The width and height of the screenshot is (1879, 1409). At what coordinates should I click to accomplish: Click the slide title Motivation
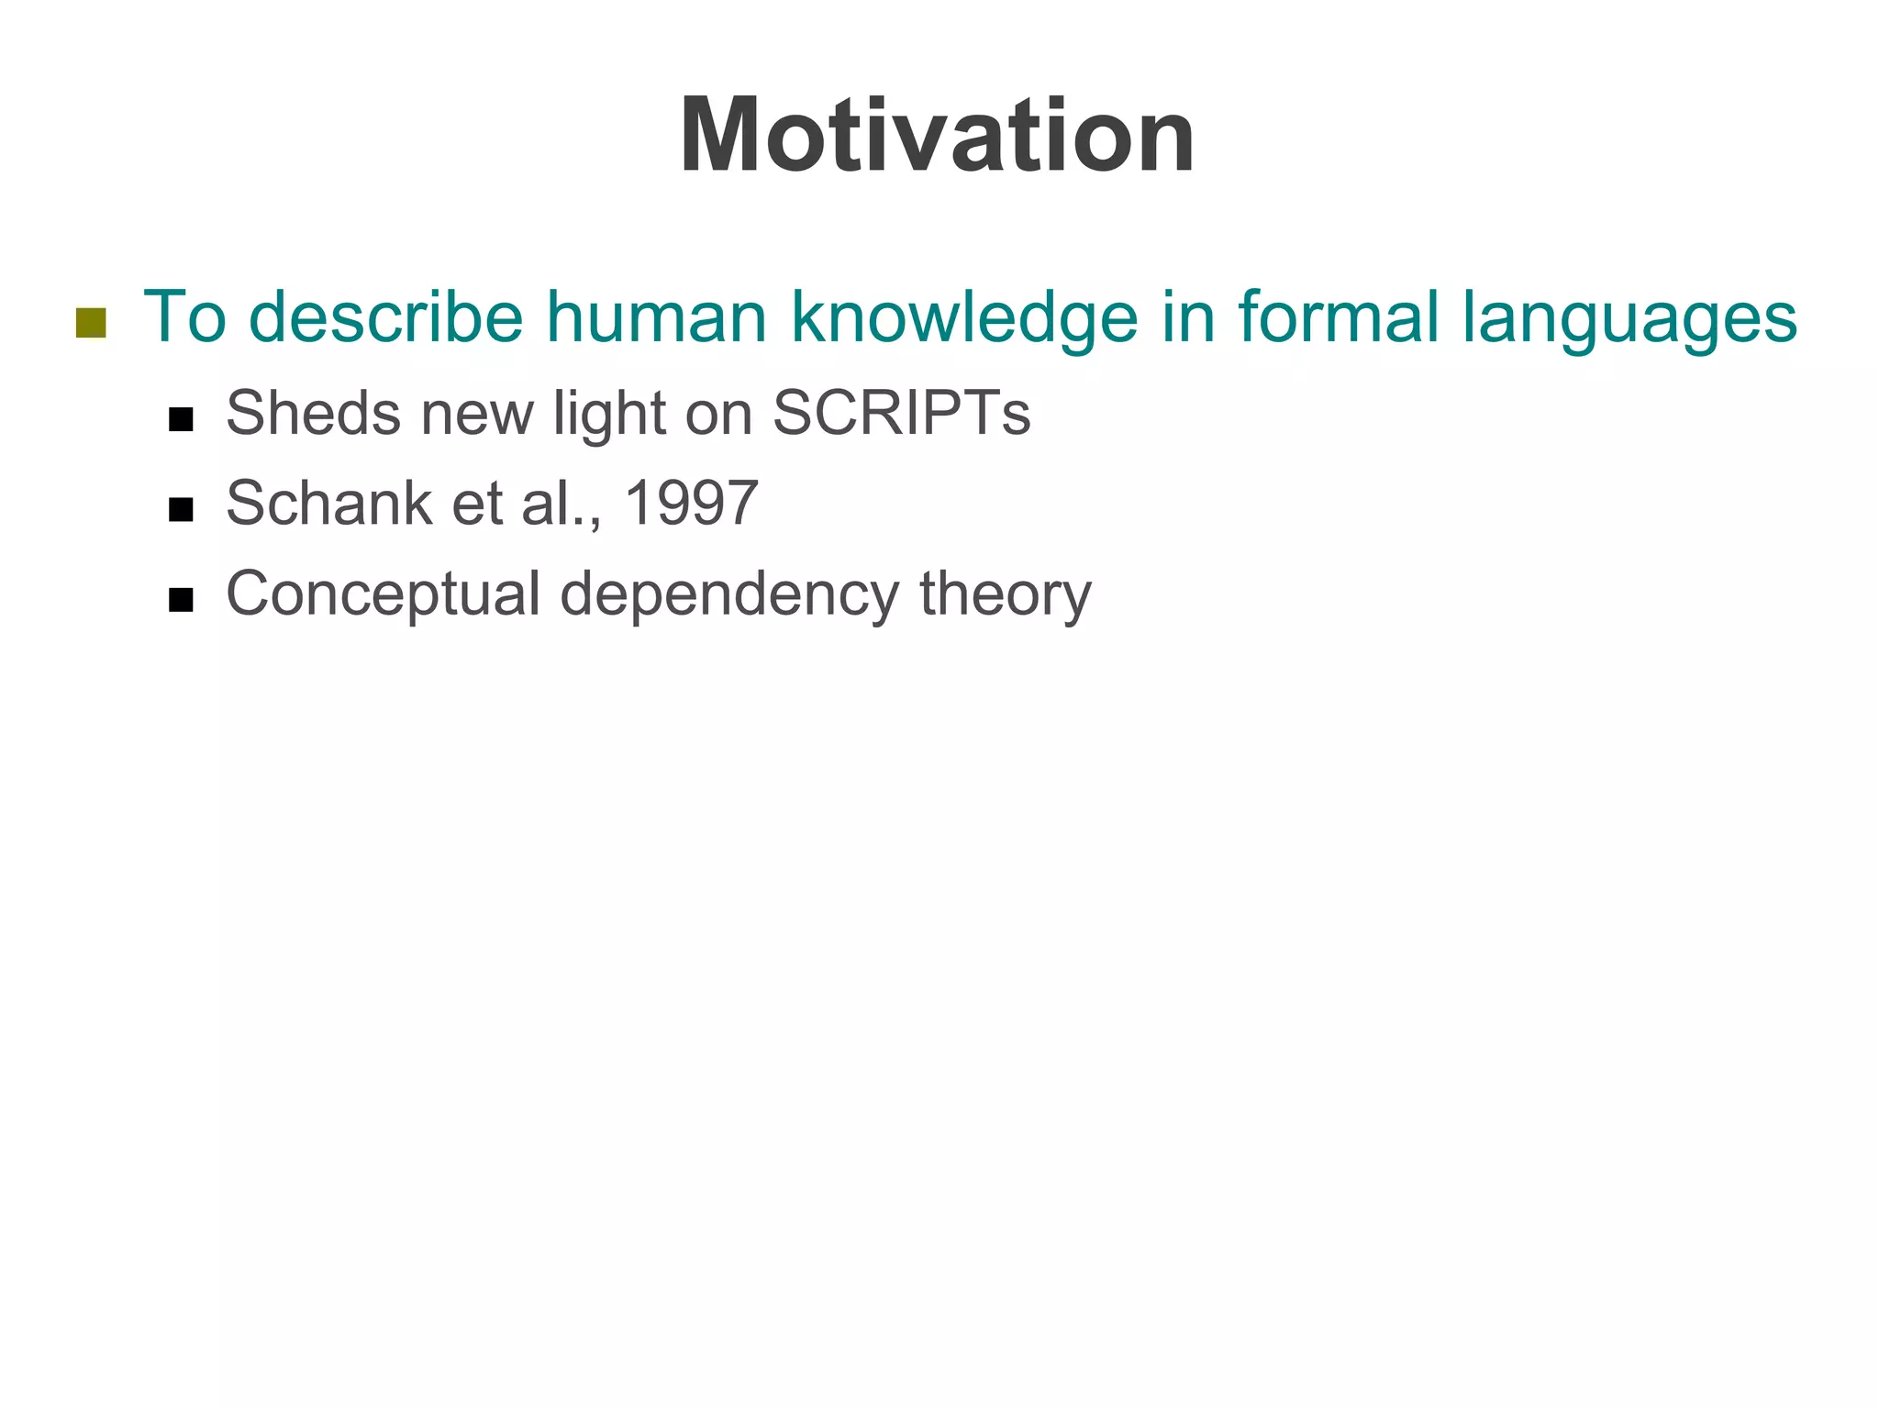937,137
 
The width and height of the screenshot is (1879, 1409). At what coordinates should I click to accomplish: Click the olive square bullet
91,322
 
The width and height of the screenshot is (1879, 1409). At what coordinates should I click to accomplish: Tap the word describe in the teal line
385,317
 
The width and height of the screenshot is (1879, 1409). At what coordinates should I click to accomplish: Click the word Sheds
313,414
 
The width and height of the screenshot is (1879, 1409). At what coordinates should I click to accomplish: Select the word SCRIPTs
902,414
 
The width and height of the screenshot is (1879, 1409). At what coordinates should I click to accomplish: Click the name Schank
328,504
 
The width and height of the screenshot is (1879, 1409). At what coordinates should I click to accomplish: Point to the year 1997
690,504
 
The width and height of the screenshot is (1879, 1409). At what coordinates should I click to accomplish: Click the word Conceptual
383,595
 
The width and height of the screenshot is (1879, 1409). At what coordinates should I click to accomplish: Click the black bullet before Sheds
181,420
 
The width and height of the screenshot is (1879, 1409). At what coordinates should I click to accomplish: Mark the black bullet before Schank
181,510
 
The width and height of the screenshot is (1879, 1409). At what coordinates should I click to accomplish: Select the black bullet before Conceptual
181,600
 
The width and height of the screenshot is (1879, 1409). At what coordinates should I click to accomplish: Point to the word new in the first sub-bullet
477,414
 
